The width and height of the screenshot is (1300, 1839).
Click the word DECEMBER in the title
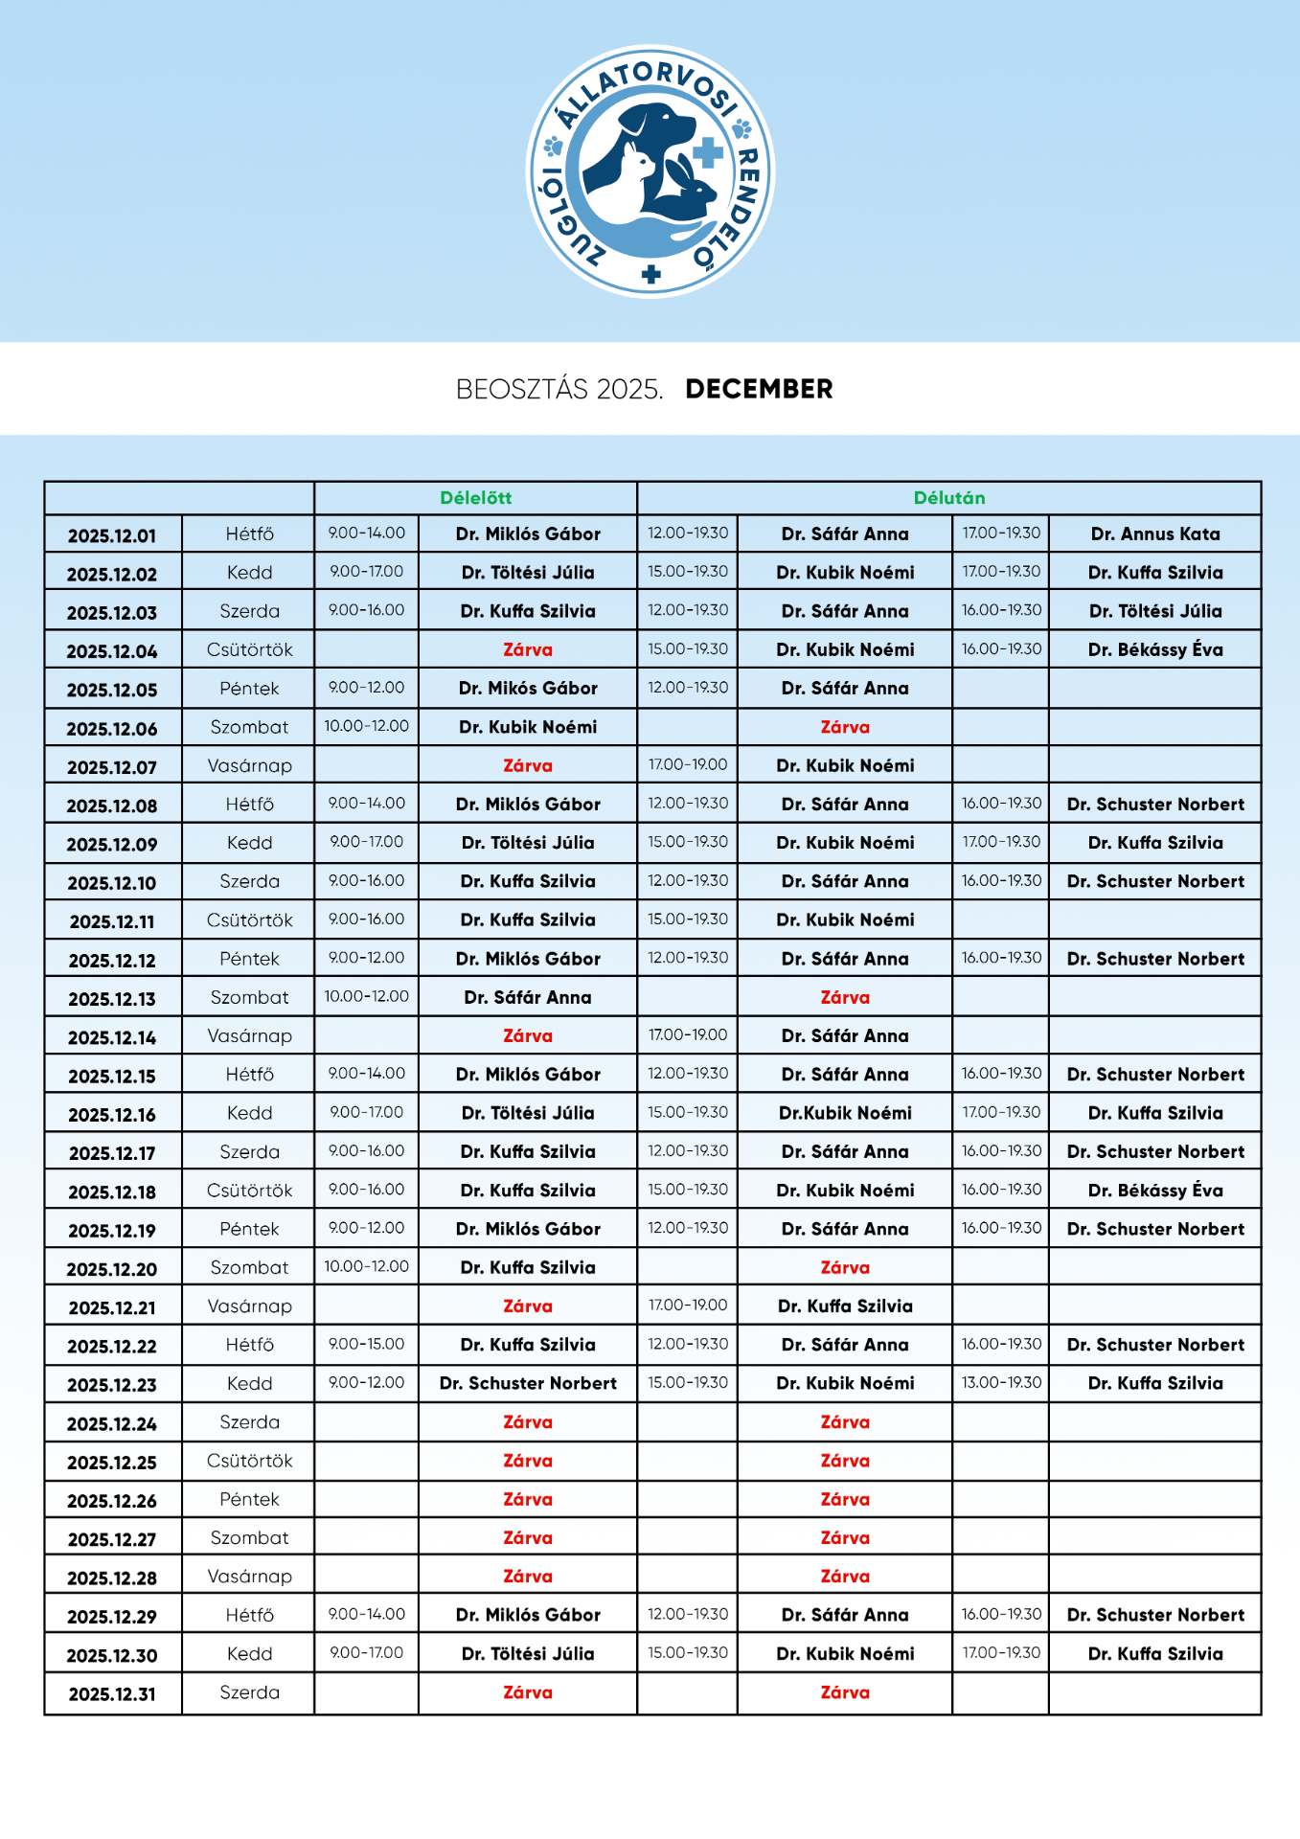click(x=759, y=389)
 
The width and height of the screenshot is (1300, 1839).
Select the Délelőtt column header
click(x=475, y=498)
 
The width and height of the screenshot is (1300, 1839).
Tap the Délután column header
click(x=948, y=498)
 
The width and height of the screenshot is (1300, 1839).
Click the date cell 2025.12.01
click(x=112, y=535)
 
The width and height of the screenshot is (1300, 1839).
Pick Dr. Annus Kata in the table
click(x=1154, y=534)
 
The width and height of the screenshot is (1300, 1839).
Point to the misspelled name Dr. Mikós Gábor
click(x=528, y=689)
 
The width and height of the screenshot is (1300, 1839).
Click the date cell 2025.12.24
click(x=112, y=1424)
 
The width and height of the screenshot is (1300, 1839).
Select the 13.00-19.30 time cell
click(x=1001, y=1383)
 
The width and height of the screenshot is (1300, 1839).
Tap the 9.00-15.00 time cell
click(x=366, y=1345)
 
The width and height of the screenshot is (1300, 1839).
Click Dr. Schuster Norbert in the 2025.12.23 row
click(x=528, y=1384)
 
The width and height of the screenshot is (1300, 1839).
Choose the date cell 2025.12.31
click(x=112, y=1694)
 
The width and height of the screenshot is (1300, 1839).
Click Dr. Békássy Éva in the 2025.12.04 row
click(x=1154, y=650)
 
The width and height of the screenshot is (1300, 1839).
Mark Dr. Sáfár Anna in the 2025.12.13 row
click(x=528, y=998)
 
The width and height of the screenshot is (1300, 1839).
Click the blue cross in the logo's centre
click(x=707, y=152)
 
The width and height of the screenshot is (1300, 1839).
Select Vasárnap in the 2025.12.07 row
click(x=249, y=766)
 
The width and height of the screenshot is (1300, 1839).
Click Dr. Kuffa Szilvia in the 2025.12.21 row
click(x=845, y=1306)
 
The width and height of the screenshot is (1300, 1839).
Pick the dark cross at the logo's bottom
click(x=651, y=275)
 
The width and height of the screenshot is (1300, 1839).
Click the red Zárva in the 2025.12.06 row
click(x=845, y=728)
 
